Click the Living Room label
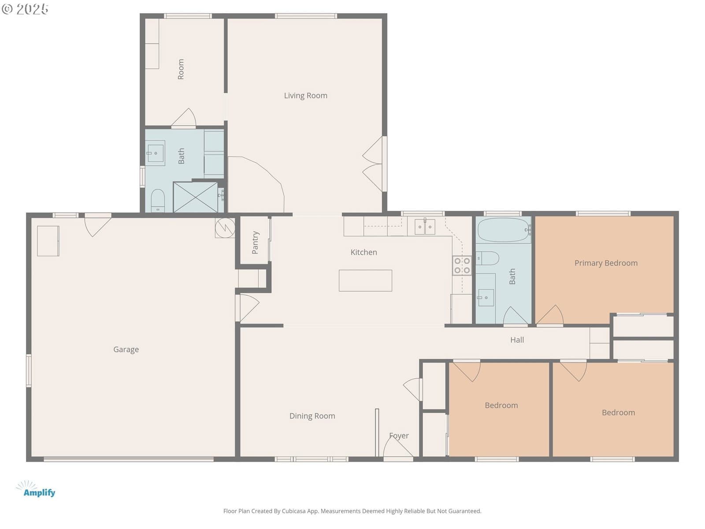click(x=305, y=96)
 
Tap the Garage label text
click(x=126, y=350)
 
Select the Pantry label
click(x=255, y=242)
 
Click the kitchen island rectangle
click(x=365, y=280)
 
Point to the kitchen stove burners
click(x=462, y=266)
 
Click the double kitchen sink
click(x=425, y=227)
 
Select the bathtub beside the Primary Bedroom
click(x=503, y=230)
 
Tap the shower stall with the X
click(x=195, y=197)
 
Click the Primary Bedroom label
click(x=606, y=263)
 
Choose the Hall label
click(x=517, y=340)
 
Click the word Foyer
click(x=399, y=436)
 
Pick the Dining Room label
click(x=312, y=416)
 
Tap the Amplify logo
click(x=36, y=489)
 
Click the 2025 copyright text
click(x=25, y=9)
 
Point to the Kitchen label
click(x=364, y=252)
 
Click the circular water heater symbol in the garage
click(x=225, y=228)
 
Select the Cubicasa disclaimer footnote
click(x=352, y=510)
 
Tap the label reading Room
click(x=181, y=69)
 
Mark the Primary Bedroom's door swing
click(x=550, y=315)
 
